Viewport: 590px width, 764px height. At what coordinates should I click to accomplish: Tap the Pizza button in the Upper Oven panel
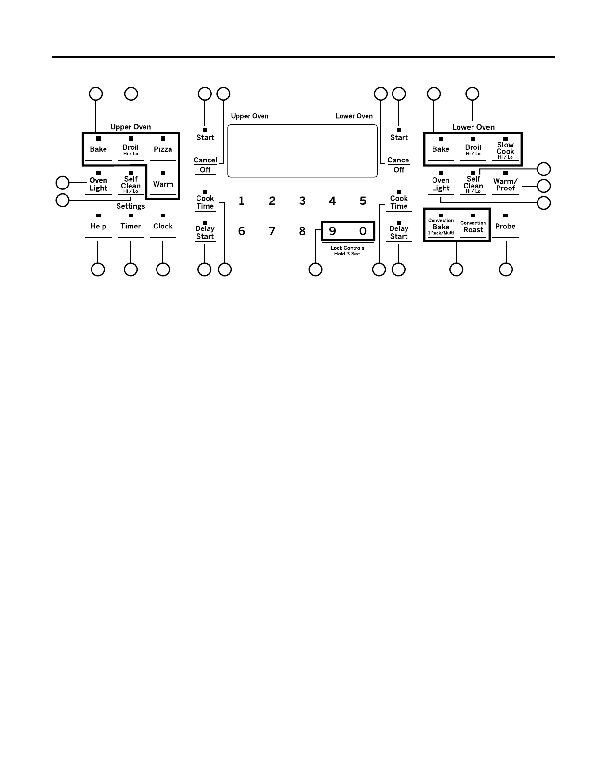click(163, 149)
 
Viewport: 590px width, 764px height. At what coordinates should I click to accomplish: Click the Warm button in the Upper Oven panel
click(163, 184)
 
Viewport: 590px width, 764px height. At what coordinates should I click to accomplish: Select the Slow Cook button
click(505, 150)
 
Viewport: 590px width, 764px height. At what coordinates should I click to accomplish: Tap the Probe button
click(505, 226)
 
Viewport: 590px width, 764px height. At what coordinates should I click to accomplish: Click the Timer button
click(131, 226)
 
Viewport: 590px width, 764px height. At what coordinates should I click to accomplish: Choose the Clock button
click(163, 226)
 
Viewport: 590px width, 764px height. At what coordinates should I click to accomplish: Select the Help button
click(98, 226)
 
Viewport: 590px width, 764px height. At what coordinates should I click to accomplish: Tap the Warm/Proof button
click(505, 185)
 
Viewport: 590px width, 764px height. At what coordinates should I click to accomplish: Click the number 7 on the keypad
click(272, 231)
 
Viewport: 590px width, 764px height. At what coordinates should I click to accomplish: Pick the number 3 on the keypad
click(302, 201)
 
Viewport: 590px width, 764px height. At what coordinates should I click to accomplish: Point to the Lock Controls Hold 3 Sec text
click(347, 251)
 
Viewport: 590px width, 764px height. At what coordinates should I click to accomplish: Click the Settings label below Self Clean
click(131, 206)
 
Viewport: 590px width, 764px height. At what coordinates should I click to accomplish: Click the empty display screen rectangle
click(302, 151)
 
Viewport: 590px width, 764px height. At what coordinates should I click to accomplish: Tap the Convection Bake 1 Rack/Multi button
click(441, 227)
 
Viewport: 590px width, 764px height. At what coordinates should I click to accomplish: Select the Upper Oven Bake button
click(98, 149)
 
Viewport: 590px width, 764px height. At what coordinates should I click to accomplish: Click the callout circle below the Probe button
click(506, 269)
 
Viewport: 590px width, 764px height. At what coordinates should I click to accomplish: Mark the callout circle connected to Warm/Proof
click(544, 186)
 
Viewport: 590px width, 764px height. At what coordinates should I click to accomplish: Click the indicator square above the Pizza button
click(163, 138)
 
